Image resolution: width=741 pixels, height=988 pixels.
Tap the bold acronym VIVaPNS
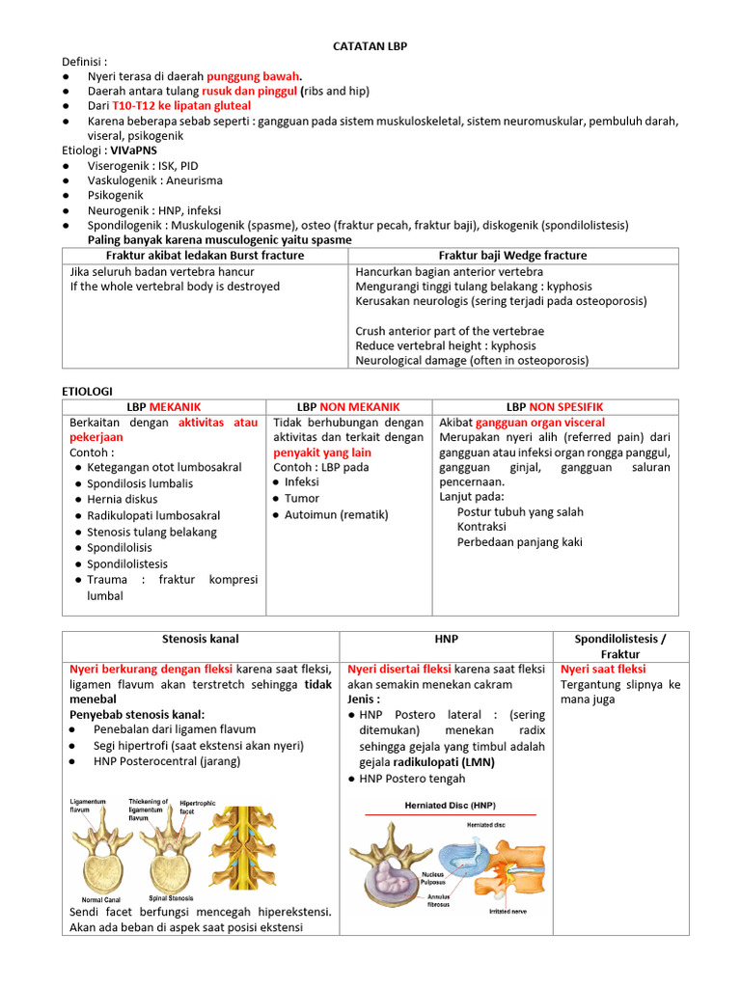pyautogui.click(x=134, y=151)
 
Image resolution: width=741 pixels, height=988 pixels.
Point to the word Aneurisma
pyautogui.click(x=193, y=180)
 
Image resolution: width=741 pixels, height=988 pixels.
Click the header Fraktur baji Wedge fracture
pyautogui.click(x=512, y=256)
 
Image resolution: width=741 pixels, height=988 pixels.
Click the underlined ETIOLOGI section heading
pyautogui.click(x=88, y=390)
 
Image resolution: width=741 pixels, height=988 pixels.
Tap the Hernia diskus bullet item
pyautogui.click(x=123, y=500)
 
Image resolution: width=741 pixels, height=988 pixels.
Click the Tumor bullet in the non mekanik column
pyautogui.click(x=302, y=499)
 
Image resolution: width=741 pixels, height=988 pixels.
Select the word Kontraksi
pyautogui.click(x=481, y=527)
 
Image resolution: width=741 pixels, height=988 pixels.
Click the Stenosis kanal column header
pyautogui.click(x=201, y=639)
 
